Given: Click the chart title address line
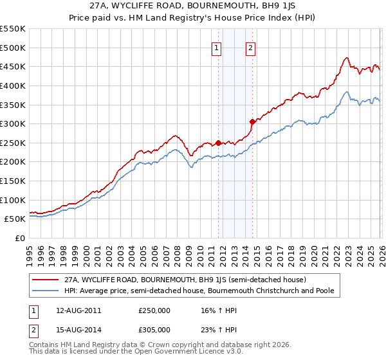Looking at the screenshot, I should [193, 7].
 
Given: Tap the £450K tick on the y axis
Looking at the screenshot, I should [13, 66].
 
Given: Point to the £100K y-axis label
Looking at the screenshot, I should [13, 200].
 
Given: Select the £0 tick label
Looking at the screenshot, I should [19, 238].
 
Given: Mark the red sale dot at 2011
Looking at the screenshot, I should [218, 143].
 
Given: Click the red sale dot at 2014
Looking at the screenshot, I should [252, 122].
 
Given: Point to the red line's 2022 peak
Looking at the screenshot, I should [346, 58].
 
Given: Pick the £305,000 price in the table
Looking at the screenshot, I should [154, 329].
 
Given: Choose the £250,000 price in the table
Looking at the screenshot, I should [154, 310].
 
